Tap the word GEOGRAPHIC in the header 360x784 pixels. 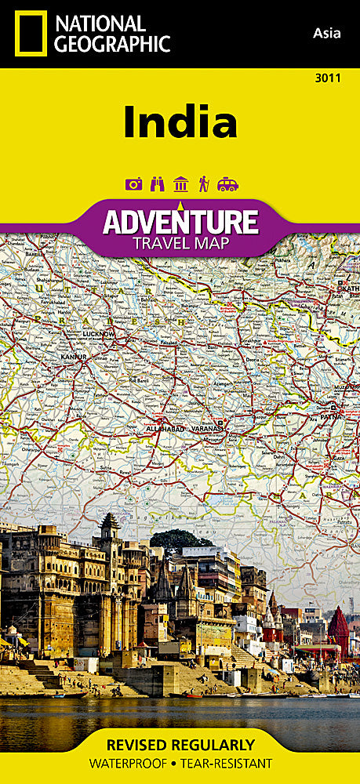pos(111,44)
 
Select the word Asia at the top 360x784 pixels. pos(326,32)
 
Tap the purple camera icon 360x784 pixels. pos(133,184)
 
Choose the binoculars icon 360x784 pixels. pos(157,184)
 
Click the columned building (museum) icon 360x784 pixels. pos(180,184)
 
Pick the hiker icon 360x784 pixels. pos(204,184)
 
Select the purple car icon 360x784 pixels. pos(227,184)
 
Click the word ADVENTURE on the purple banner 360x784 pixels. pos(180,222)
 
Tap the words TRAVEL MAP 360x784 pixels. pos(180,242)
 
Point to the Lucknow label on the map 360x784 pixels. pos(98,335)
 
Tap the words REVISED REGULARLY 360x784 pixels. pos(180,745)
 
